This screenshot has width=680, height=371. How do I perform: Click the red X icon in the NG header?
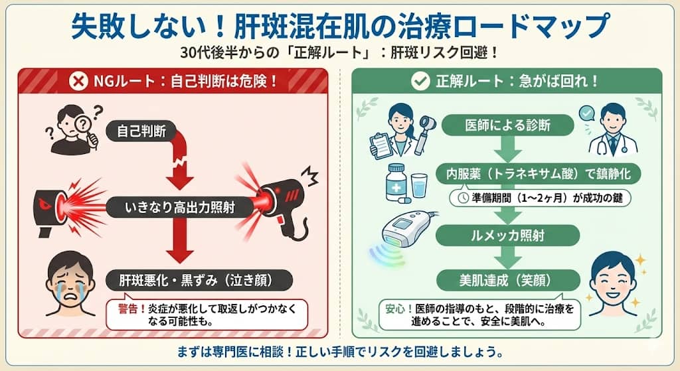pyautogui.click(x=79, y=82)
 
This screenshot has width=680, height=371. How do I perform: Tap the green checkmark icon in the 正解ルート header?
pyautogui.click(x=420, y=82)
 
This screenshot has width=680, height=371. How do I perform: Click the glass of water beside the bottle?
pyautogui.click(x=419, y=186)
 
